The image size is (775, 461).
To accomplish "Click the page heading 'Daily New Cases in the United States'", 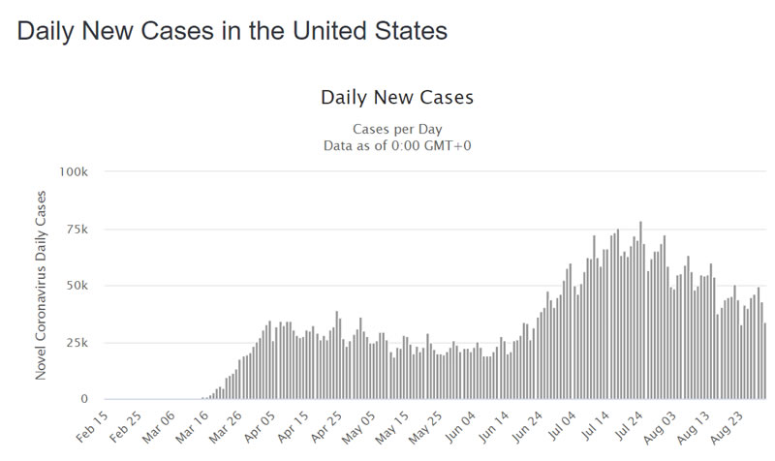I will click(x=232, y=31).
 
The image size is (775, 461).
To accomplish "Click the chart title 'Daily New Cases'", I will click(x=396, y=98).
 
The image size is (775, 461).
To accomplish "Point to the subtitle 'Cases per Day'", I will click(x=397, y=129).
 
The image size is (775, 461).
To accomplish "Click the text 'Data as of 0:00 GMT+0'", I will click(x=397, y=145).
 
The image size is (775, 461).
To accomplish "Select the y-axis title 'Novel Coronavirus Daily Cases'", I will click(x=41, y=285).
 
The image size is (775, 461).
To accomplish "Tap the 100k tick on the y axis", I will click(x=75, y=172).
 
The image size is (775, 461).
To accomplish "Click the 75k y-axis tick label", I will click(x=77, y=230).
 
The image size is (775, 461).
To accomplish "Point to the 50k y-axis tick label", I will click(x=77, y=286).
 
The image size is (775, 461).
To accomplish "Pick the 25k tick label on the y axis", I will click(x=77, y=343).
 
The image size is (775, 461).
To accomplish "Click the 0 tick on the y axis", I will click(x=85, y=399).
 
